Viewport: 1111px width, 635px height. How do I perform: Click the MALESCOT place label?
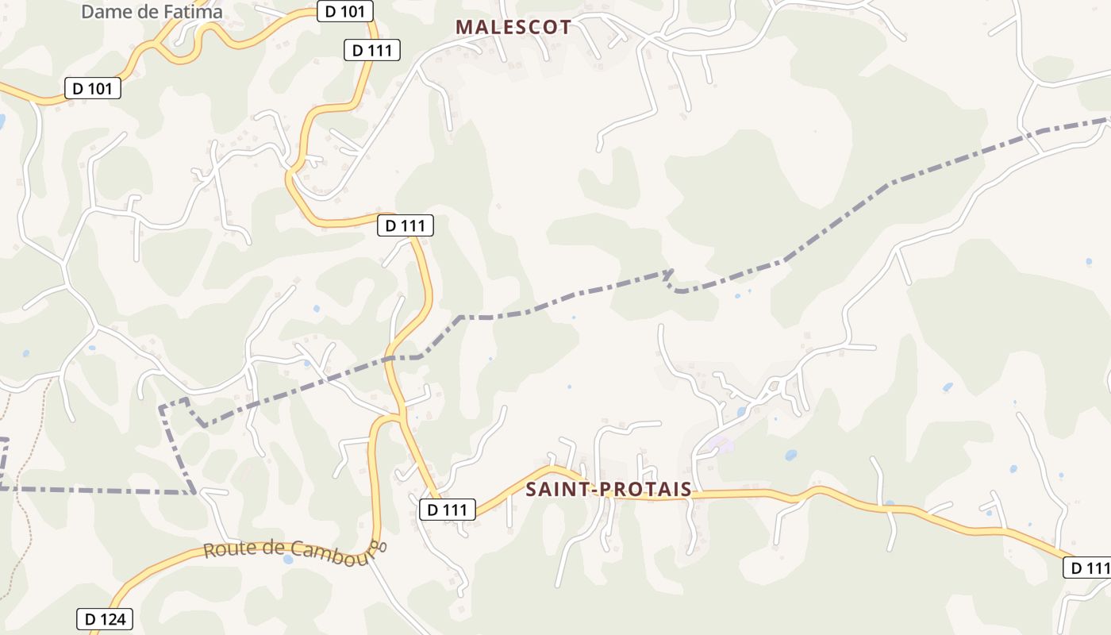[513, 27]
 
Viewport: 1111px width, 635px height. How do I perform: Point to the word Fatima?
[191, 12]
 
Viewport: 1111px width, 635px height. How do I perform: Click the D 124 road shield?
[105, 619]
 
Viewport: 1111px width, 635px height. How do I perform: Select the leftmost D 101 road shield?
[93, 88]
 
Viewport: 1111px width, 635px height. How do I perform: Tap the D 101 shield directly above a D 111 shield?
[345, 12]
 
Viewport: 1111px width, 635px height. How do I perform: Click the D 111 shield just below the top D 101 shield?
[372, 50]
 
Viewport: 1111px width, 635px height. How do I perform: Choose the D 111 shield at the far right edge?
[1087, 568]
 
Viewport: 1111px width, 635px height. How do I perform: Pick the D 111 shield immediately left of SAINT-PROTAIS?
[448, 510]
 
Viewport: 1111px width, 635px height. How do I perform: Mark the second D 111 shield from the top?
[406, 225]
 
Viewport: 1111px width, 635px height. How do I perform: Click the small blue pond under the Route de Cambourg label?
[287, 560]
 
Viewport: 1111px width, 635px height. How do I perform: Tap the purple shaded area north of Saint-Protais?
[721, 444]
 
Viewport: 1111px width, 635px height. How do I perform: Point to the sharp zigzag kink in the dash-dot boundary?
[671, 279]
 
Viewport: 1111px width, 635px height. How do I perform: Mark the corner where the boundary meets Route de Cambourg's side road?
[194, 492]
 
